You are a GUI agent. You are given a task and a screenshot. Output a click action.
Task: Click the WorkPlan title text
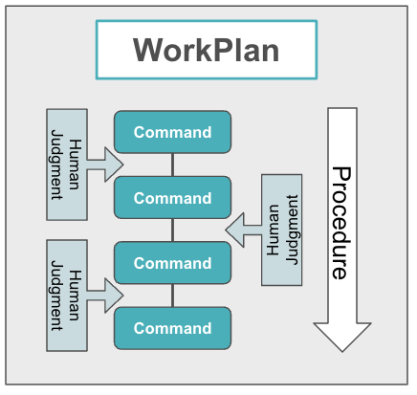(x=206, y=50)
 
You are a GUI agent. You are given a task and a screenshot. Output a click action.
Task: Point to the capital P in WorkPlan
(x=223, y=50)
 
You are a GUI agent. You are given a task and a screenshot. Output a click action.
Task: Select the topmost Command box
(x=172, y=132)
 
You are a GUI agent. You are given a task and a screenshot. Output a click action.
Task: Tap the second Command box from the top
(x=172, y=198)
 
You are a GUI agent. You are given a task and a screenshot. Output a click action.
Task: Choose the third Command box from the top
(x=172, y=263)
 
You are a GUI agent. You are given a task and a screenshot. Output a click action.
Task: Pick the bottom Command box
(x=172, y=328)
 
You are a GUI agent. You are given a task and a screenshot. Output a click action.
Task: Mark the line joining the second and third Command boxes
(x=172, y=230)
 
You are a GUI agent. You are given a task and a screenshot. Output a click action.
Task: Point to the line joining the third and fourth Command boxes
(x=172, y=296)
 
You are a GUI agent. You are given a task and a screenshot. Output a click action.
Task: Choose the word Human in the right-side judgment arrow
(x=274, y=230)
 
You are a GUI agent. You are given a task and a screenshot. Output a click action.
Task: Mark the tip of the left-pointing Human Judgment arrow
(x=227, y=230)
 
